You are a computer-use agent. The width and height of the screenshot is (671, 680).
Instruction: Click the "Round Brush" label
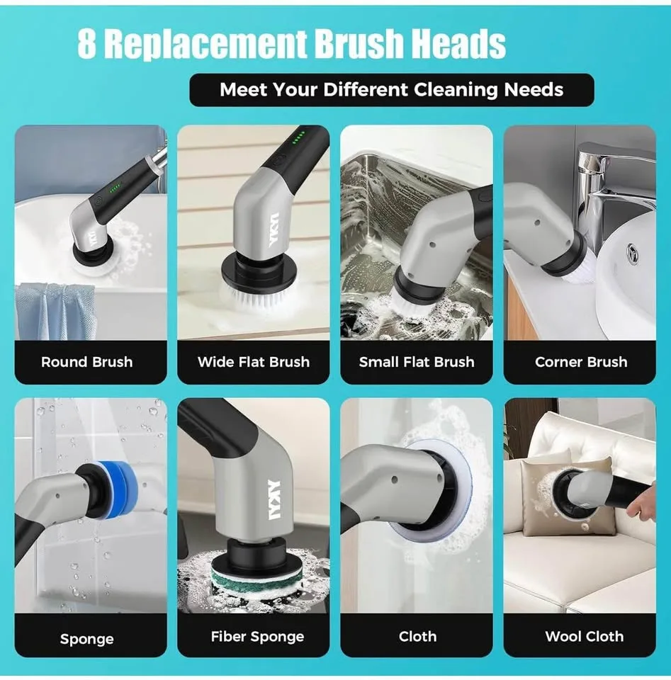(86, 362)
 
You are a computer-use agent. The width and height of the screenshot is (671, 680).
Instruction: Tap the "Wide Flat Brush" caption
(253, 362)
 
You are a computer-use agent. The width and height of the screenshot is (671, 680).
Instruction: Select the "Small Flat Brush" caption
(417, 362)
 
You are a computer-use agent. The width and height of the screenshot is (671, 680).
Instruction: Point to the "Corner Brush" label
(581, 362)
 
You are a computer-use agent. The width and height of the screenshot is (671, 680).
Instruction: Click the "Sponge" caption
(86, 639)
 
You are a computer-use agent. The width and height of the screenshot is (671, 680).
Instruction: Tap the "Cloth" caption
(417, 636)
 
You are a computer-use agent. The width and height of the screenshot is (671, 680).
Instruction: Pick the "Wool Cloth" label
(584, 636)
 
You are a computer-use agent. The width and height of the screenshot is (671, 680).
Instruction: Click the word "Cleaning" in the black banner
(456, 90)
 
